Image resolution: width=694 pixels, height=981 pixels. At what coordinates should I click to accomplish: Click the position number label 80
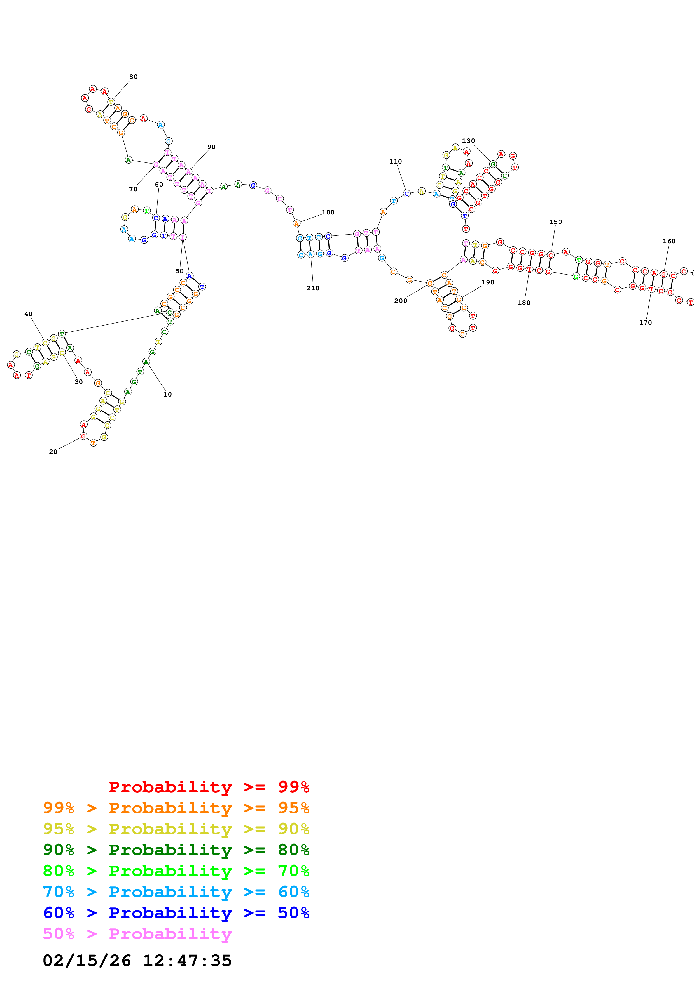pyautogui.click(x=134, y=77)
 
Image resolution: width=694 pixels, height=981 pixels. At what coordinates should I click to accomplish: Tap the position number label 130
pyautogui.click(x=468, y=141)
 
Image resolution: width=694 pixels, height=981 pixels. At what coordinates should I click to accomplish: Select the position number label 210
pyautogui.click(x=313, y=288)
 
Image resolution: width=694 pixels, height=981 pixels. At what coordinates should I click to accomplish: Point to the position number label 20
pyautogui.click(x=53, y=452)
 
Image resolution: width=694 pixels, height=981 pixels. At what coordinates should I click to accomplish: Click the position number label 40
pyautogui.click(x=28, y=314)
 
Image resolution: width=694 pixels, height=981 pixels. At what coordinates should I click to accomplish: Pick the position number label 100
pyautogui.click(x=328, y=212)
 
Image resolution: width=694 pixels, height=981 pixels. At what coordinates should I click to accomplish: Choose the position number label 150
pyautogui.click(x=555, y=222)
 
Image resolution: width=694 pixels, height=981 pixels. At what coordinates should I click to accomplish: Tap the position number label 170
pyautogui.click(x=645, y=323)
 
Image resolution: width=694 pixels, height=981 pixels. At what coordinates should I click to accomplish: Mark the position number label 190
pyautogui.click(x=488, y=282)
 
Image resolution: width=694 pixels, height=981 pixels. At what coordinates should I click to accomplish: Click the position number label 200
pyautogui.click(x=401, y=301)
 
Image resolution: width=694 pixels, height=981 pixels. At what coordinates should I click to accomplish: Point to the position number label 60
pyautogui.click(x=159, y=185)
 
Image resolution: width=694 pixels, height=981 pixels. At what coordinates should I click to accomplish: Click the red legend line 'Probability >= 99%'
pyautogui.click(x=209, y=787)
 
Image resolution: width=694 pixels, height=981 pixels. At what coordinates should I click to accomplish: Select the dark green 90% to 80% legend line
pyautogui.click(x=176, y=850)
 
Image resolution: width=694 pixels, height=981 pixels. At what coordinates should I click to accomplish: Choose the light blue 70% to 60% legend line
pyautogui.click(x=176, y=892)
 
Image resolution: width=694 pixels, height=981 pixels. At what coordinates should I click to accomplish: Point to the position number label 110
pyautogui.click(x=396, y=162)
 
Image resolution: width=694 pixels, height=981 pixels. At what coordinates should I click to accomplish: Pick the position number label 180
pyautogui.click(x=524, y=303)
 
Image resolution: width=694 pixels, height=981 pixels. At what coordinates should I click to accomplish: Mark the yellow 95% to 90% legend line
pyautogui.click(x=176, y=829)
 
